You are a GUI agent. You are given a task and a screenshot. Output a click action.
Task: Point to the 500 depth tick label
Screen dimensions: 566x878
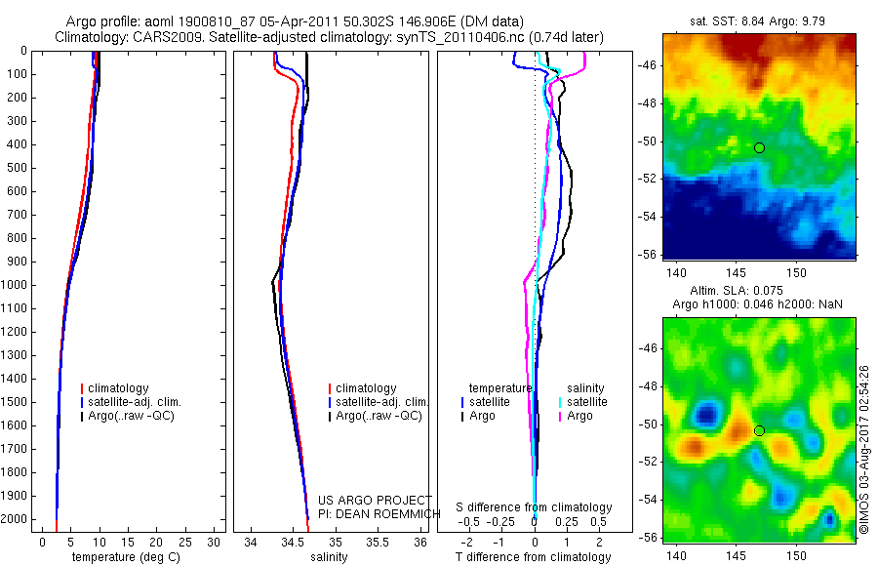tap(17, 168)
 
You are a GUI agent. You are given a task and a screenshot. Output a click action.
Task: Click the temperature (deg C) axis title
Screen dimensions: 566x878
tap(122, 557)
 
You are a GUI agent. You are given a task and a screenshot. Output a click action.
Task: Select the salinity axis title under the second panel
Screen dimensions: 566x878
tap(329, 557)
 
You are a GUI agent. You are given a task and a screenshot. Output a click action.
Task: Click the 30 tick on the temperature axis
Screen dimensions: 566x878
tap(215, 542)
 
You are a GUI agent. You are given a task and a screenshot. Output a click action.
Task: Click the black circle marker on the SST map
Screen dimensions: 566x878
tap(759, 147)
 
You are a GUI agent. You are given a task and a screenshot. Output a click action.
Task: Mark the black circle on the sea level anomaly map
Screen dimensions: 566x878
tap(759, 430)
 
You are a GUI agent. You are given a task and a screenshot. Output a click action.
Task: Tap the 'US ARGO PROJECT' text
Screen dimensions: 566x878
tap(375, 501)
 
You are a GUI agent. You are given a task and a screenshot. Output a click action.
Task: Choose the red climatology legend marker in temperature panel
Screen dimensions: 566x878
tap(82, 388)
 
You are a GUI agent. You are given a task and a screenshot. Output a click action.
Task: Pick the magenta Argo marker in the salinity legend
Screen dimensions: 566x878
tap(560, 416)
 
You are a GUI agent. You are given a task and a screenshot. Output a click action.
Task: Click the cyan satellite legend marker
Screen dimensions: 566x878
tap(560, 402)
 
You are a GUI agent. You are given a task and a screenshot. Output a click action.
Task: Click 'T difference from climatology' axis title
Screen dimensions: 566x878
tap(533, 557)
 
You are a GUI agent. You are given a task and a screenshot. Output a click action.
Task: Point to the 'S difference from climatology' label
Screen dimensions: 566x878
tap(534, 507)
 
